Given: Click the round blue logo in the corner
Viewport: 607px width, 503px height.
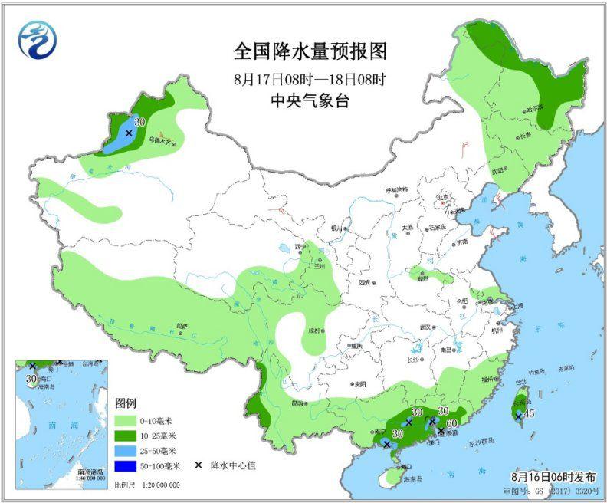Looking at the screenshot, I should tap(38, 41).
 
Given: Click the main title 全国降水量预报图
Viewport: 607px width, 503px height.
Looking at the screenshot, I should tap(310, 51).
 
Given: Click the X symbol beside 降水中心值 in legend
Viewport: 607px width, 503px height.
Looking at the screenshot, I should tap(198, 465).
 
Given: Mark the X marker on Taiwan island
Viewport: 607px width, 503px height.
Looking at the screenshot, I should tap(518, 416).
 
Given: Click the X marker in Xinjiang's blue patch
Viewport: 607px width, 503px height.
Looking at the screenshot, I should tap(129, 133).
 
